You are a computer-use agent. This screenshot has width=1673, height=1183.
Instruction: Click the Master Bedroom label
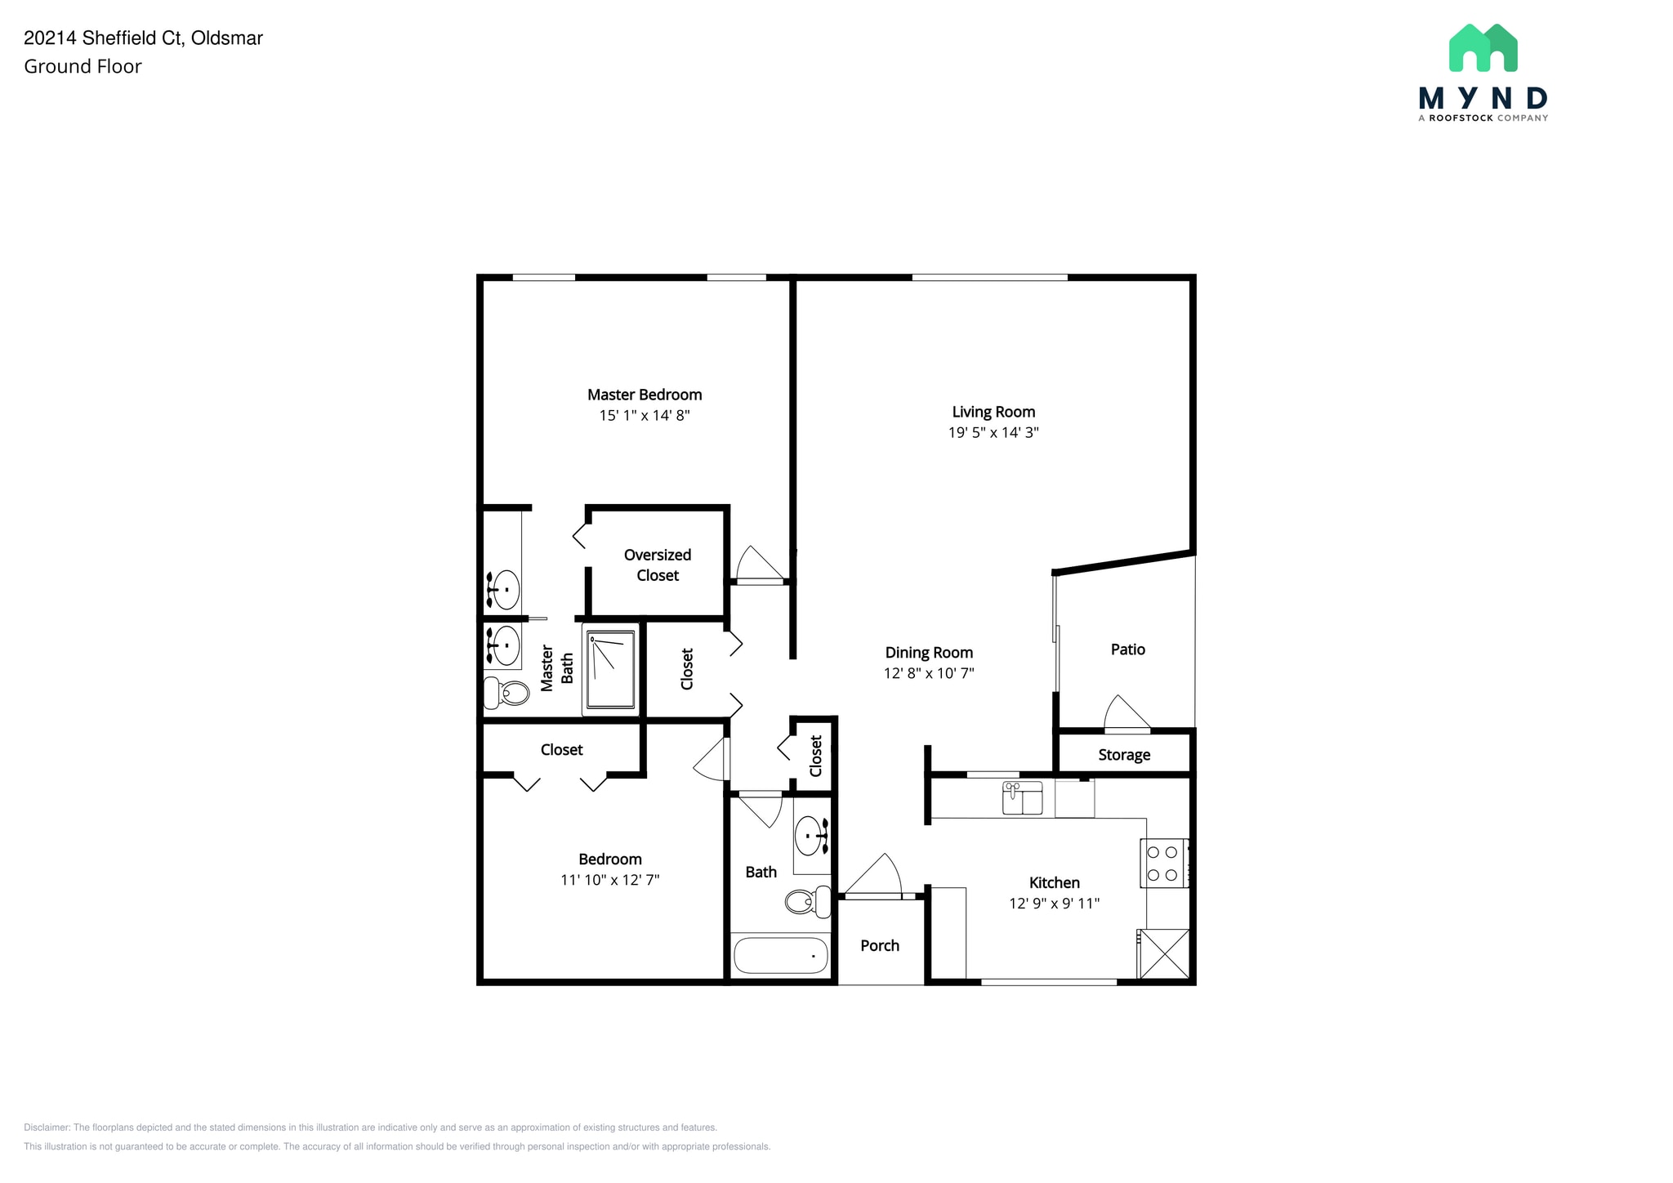[x=645, y=395]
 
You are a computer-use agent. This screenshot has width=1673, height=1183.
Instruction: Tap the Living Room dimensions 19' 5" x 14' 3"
[x=993, y=432]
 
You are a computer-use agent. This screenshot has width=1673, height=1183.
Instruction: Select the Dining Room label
[x=929, y=652]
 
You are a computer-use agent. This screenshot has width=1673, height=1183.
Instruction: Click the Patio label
[x=1127, y=649]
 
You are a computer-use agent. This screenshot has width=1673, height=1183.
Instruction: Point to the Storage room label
[x=1124, y=754]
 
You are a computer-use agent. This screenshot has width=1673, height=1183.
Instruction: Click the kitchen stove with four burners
[x=1163, y=863]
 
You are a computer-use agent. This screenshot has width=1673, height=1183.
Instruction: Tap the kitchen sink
[x=1022, y=798]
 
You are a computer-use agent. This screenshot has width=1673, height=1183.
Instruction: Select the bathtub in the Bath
[x=780, y=954]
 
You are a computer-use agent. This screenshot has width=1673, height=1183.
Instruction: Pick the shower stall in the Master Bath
[x=611, y=669]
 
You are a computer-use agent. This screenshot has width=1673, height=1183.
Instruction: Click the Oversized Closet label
[x=657, y=565]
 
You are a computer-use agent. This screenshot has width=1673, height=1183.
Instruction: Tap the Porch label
[x=879, y=945]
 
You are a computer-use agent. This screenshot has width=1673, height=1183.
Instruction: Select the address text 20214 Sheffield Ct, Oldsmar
[x=144, y=38]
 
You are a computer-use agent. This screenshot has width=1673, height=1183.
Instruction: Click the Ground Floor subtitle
[x=83, y=66]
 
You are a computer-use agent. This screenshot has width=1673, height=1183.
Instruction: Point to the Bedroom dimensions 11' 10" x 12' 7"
[x=609, y=880]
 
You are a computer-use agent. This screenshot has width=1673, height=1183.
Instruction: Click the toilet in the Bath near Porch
[x=805, y=902]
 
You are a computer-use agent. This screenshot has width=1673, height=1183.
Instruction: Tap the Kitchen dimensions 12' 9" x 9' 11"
[x=1054, y=903]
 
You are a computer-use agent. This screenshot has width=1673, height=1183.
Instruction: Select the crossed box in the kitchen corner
[x=1164, y=953]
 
